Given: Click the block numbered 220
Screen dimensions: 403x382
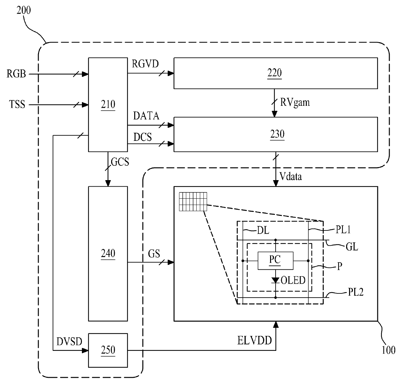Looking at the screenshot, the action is coord(276,73).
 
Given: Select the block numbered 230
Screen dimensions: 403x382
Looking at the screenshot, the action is coord(276,134).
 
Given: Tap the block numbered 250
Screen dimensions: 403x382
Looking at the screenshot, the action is coord(108,350).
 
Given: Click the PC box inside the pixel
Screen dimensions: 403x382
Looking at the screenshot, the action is coord(275,261).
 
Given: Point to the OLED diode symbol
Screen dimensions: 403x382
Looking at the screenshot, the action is coord(275,280).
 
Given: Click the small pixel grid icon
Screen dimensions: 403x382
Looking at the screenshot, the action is coord(193,202).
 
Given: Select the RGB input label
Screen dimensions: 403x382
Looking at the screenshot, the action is coord(16,74).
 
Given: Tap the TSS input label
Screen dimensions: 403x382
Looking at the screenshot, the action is coord(17,104).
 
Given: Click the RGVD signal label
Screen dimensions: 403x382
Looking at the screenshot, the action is coord(145,64).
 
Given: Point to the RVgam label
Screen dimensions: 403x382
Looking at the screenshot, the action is coord(295,102).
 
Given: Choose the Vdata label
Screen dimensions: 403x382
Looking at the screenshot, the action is coord(291,176).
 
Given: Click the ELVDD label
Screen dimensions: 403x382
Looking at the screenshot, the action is coord(254,340).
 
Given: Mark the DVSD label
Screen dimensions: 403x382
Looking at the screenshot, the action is coord(69,341).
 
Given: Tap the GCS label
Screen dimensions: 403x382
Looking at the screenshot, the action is coord(120,162).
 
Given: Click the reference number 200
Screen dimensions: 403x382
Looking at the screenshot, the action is coord(24,10).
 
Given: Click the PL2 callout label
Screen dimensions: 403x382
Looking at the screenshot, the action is coord(356,292).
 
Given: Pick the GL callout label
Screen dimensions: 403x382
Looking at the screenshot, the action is coord(352,247).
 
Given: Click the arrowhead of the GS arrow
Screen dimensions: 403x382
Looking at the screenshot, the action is coord(171,262).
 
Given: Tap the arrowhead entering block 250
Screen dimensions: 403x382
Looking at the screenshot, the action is coord(85,350).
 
